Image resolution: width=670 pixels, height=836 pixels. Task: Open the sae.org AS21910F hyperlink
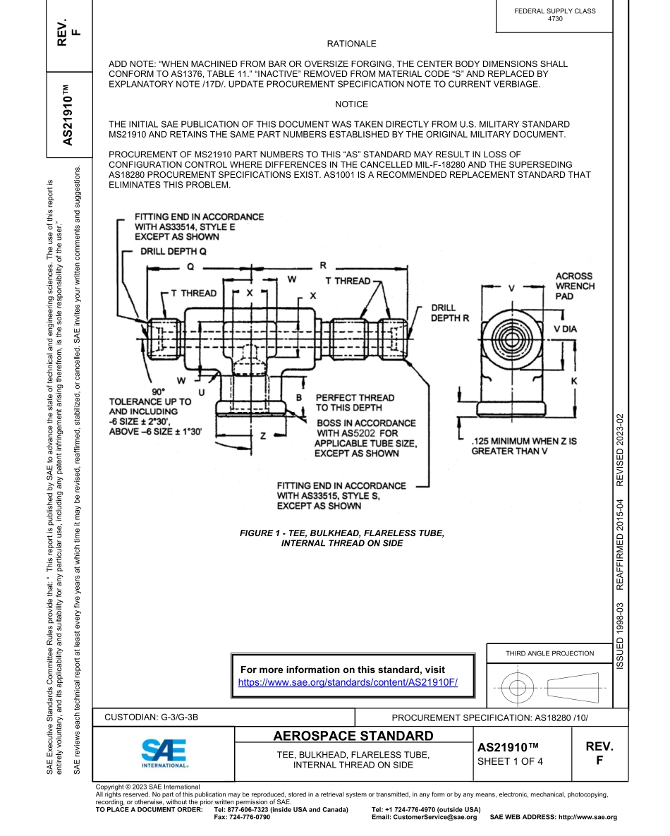coord(348,682)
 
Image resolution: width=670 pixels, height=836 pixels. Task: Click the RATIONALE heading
coord(351,44)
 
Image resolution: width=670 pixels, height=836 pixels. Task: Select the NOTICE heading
coord(351,104)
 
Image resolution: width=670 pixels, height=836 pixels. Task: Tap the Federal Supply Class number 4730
coord(555,19)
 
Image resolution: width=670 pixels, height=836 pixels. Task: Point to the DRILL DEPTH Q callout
coord(173,250)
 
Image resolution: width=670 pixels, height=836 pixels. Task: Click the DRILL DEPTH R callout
coord(450,313)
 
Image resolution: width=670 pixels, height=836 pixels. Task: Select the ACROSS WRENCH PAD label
coord(575,286)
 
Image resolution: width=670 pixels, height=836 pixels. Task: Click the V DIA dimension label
coord(565,329)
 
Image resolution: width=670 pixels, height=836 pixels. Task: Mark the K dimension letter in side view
coord(573,381)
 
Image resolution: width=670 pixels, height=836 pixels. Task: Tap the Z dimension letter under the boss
coord(262,435)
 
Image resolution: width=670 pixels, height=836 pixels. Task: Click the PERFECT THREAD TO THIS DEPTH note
coord(355,403)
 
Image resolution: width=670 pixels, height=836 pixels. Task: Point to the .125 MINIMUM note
coord(523,446)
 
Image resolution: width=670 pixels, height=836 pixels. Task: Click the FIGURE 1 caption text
coord(342,538)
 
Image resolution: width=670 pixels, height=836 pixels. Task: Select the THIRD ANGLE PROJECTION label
coord(549,653)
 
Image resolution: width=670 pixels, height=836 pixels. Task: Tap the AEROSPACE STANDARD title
coord(353,737)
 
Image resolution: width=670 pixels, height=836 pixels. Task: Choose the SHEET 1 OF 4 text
coord(510,761)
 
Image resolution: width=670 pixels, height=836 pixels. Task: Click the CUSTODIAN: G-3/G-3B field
coord(152,717)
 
